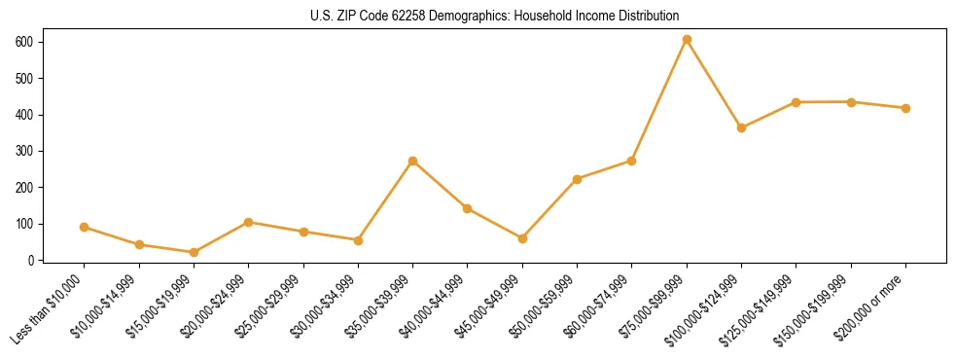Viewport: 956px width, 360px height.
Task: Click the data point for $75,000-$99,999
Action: [x=687, y=40]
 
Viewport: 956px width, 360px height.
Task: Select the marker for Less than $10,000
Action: [x=84, y=227]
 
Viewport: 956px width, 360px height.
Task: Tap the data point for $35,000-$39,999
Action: [x=412, y=161]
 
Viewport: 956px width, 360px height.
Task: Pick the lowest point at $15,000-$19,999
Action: [x=194, y=252]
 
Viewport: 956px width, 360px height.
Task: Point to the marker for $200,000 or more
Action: [x=905, y=108]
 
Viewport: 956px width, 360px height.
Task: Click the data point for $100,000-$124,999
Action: [x=741, y=127]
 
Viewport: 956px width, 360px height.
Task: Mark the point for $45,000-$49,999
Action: [x=522, y=238]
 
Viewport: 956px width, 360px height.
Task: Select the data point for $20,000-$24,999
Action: [x=248, y=222]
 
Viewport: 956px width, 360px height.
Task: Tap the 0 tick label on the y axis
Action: [x=31, y=260]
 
